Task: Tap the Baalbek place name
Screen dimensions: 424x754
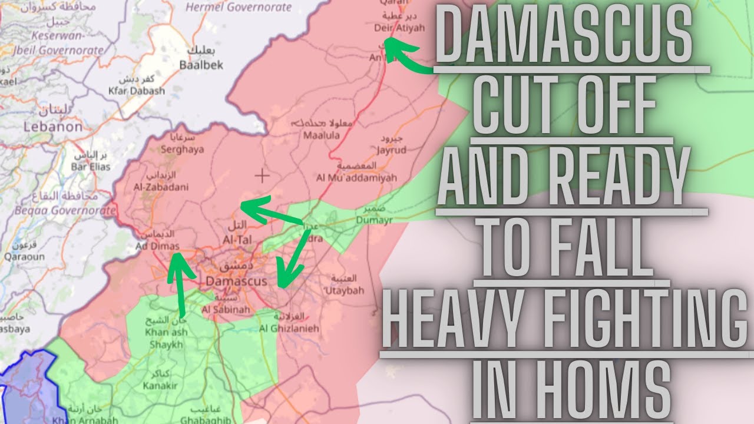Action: (x=201, y=65)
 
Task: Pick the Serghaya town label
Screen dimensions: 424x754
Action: (x=182, y=149)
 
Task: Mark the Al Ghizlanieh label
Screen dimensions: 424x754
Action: (x=289, y=327)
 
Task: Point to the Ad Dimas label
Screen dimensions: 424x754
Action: (x=157, y=246)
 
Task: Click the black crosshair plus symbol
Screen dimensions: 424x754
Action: (x=262, y=175)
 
